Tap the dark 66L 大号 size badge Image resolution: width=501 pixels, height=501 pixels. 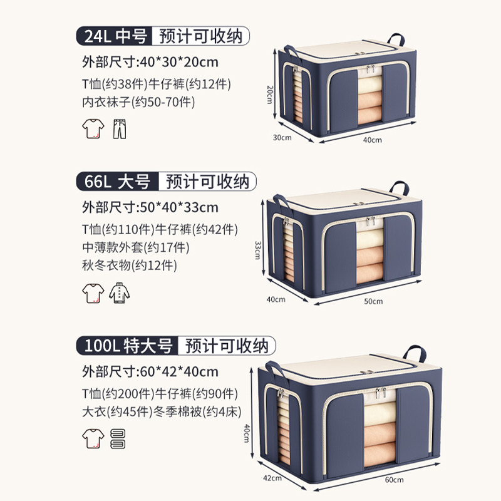tap(116, 182)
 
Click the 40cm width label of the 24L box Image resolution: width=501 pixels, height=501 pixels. tap(373, 140)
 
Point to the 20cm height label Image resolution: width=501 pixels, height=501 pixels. tap(268, 94)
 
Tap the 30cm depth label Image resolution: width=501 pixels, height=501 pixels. tap(281, 137)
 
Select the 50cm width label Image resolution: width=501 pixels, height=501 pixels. tap(373, 301)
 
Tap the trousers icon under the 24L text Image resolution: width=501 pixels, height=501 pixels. tap(118, 130)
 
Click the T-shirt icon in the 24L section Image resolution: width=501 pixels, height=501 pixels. tap(92, 130)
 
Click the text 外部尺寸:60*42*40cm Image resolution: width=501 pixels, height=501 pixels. tap(150, 371)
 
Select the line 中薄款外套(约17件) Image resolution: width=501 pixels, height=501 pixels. tap(135, 247)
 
